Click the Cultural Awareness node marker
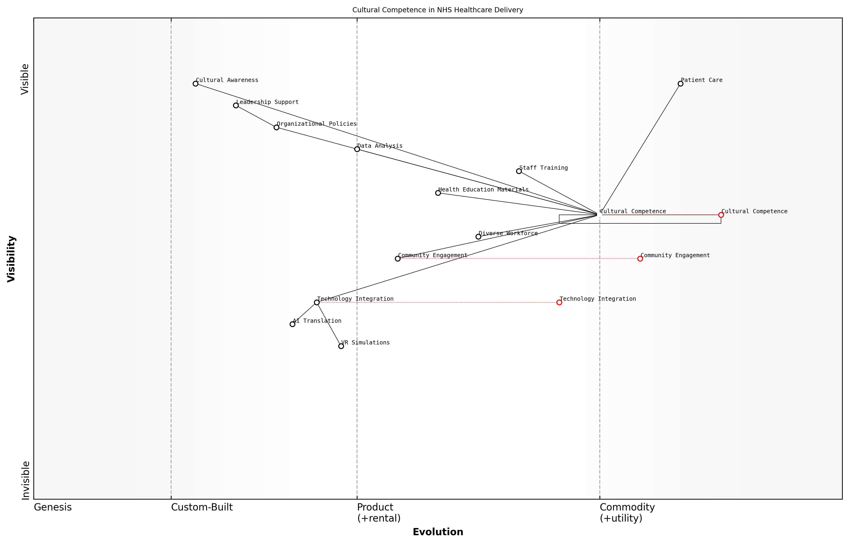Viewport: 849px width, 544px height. coord(195,84)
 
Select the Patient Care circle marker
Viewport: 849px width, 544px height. coord(680,84)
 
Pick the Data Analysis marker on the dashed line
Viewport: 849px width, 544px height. coord(357,149)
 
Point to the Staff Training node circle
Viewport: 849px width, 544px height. coord(519,171)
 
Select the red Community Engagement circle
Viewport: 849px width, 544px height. coord(640,259)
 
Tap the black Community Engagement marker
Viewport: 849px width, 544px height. coord(398,259)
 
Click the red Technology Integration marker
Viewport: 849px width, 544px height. coord(559,302)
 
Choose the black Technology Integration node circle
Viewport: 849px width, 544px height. coord(317,302)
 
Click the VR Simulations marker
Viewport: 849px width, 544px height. coord(341,346)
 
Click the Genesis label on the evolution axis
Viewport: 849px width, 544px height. coord(53,507)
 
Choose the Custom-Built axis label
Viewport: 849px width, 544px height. coord(202,507)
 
